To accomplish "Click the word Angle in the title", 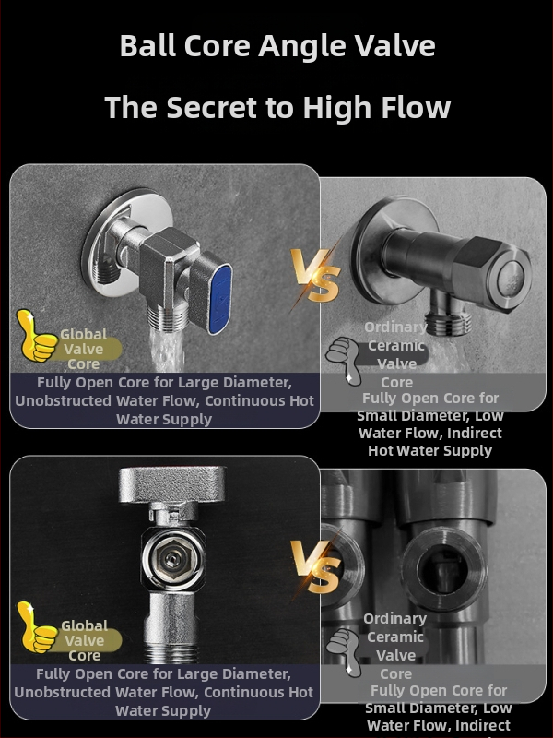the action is (x=302, y=47).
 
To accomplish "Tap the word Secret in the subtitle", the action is (x=212, y=107).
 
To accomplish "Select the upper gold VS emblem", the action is (x=315, y=275).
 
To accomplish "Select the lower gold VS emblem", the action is (x=315, y=566).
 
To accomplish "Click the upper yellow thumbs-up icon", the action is (x=36, y=336).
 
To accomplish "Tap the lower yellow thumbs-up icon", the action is (x=36, y=627).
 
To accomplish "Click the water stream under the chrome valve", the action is (x=166, y=350).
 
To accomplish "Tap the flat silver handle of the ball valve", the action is (x=171, y=485).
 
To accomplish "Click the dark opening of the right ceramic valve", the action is (x=442, y=570).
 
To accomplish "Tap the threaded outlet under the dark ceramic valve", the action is (x=448, y=320).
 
